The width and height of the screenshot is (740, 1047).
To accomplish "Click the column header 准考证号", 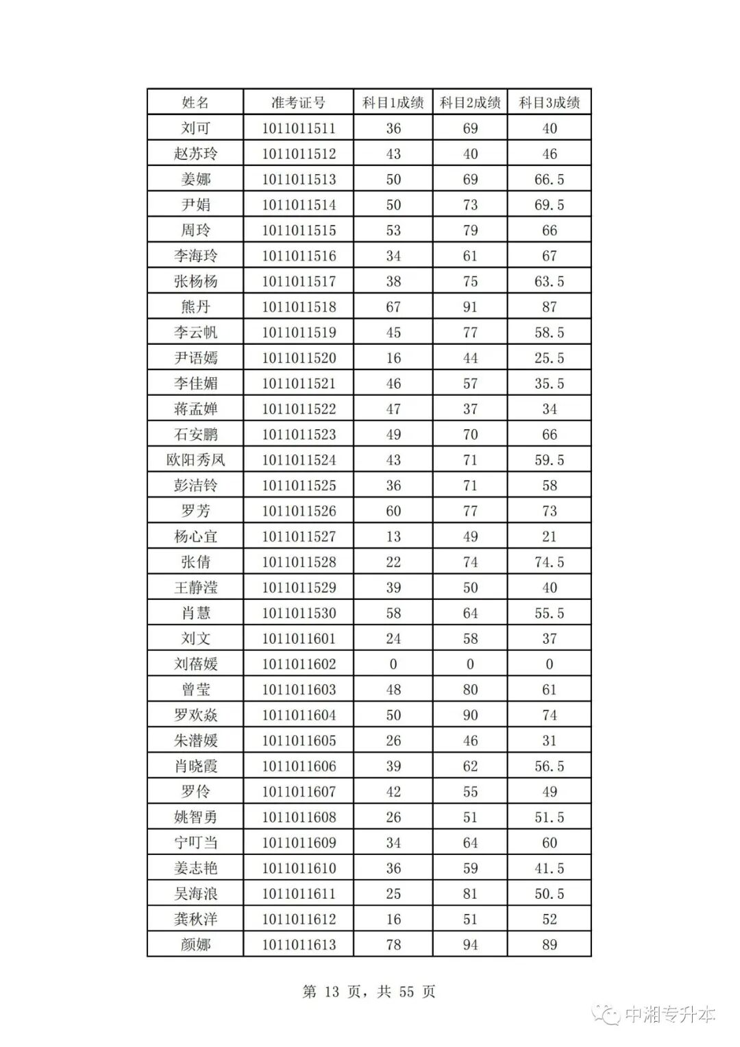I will click(x=298, y=103).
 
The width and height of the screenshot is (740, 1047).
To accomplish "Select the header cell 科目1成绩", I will click(x=393, y=103).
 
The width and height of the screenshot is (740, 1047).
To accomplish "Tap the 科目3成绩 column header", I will click(x=549, y=103).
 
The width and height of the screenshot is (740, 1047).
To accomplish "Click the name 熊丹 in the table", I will click(x=195, y=306).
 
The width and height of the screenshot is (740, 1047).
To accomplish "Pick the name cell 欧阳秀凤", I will click(x=195, y=459).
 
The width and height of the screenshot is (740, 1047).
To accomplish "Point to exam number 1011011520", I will click(x=299, y=358).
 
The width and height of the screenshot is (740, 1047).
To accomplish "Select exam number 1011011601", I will click(x=299, y=638).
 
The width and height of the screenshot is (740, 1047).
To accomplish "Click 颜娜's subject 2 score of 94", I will click(x=470, y=944).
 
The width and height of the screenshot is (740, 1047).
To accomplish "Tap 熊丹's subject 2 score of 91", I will click(x=470, y=306).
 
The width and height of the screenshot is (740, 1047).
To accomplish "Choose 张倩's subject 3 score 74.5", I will click(x=549, y=562).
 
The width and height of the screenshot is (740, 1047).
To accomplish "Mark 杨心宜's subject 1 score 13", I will click(x=393, y=536).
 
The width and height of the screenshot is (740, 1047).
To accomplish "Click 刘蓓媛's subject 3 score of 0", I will click(x=549, y=664).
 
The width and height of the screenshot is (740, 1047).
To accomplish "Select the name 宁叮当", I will click(x=195, y=843).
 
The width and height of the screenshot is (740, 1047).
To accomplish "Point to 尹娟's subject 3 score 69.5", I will click(x=549, y=205).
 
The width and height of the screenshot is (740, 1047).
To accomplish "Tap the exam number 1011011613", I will click(x=299, y=944).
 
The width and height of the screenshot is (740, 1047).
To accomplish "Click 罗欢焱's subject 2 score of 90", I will click(x=470, y=715).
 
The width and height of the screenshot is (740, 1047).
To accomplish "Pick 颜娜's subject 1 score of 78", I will click(x=393, y=944).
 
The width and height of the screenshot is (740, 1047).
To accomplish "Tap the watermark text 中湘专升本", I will click(x=669, y=1014).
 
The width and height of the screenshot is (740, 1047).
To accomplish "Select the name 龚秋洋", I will click(x=195, y=919).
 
